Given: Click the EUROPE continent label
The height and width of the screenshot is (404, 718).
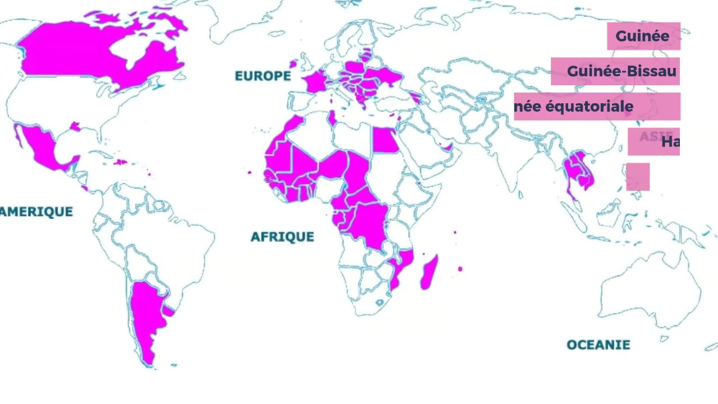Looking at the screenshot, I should [263, 76].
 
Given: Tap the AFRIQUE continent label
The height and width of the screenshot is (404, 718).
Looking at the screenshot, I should [282, 236].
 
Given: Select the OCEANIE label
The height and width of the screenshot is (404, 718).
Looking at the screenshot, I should [598, 345].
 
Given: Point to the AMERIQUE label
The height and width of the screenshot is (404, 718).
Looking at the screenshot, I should [36, 212].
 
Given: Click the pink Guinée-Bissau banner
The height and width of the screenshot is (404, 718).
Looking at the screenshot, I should [615, 72].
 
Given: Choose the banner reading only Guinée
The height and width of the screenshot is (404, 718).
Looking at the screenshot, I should [643, 36].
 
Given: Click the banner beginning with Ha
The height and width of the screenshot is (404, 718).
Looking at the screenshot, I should [653, 141].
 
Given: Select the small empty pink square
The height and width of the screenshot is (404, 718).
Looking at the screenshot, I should [638, 177].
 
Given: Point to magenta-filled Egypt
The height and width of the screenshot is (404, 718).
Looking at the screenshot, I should [385, 140].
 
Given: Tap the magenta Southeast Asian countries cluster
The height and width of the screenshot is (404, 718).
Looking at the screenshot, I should [578, 171].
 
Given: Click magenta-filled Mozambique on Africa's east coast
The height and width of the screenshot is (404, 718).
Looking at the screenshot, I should [402, 267].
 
